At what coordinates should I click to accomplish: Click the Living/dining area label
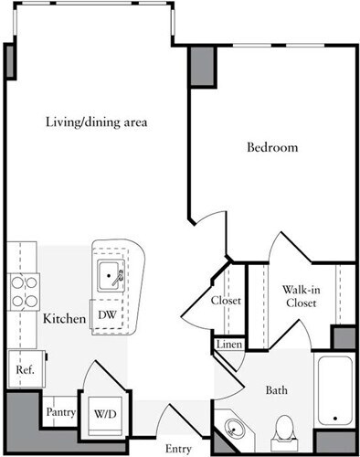97,122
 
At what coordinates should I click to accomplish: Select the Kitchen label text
64,319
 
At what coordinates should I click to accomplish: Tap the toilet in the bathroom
284,428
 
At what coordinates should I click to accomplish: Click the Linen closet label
227,345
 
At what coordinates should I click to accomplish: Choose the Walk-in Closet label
300,295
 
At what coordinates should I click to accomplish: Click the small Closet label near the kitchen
226,300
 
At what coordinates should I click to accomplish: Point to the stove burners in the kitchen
23,290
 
